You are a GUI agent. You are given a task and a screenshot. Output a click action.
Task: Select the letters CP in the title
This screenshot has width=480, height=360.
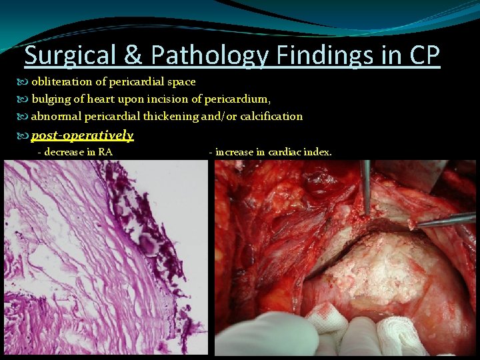click(x=423, y=56)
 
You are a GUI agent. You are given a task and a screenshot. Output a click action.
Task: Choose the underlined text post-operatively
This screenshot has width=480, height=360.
click(x=82, y=135)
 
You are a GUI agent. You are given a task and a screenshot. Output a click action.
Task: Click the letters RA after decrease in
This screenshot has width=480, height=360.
click(x=105, y=152)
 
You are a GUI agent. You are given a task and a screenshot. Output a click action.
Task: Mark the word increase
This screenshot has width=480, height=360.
click(x=235, y=152)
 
